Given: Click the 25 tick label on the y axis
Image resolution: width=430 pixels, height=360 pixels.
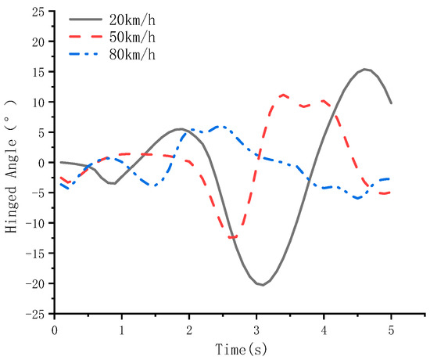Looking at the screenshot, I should click(x=38, y=12).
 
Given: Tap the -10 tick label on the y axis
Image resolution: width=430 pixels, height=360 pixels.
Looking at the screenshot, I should click(x=35, y=223).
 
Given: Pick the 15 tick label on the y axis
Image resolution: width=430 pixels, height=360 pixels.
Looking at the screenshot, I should click(x=38, y=72).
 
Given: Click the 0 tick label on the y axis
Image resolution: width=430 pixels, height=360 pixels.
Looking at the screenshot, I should click(x=41, y=163).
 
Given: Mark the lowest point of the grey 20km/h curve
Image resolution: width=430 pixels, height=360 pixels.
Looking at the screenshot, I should click(x=262, y=285).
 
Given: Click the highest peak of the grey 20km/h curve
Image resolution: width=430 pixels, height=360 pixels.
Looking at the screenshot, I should click(x=365, y=69).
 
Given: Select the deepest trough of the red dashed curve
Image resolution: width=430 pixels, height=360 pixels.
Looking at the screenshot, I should click(x=232, y=237).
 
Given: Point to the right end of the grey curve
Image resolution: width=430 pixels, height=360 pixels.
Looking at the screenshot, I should click(x=391, y=103).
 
